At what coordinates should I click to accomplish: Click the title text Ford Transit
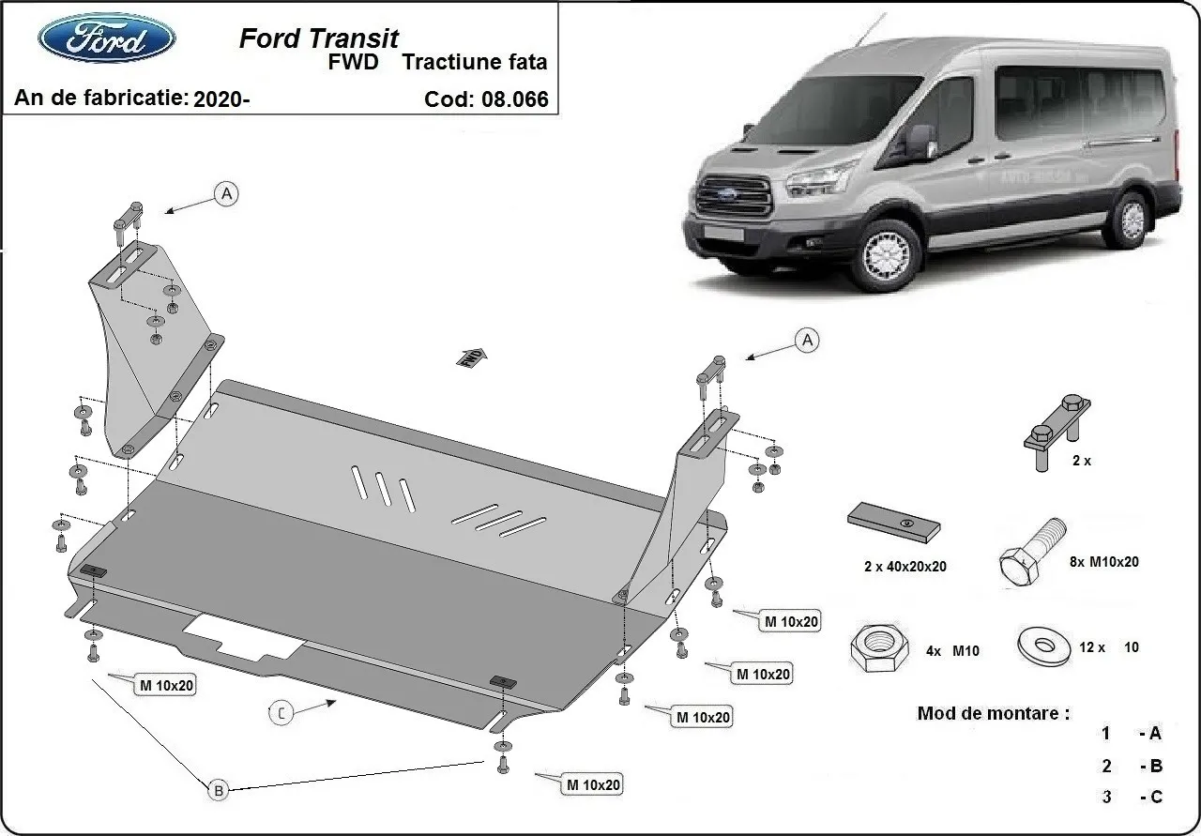pyautogui.click(x=318, y=38)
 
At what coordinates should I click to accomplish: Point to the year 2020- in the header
pyautogui.click(x=221, y=99)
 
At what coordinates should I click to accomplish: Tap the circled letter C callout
pyautogui.click(x=281, y=713)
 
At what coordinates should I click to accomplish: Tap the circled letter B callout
pyautogui.click(x=218, y=791)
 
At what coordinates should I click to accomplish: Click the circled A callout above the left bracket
pyautogui.click(x=225, y=194)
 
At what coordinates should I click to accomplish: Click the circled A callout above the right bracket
pyautogui.click(x=806, y=341)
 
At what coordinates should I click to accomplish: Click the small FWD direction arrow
pyautogui.click(x=471, y=356)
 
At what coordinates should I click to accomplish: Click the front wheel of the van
pyautogui.click(x=884, y=251)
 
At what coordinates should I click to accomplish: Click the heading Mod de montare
pyautogui.click(x=993, y=713)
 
